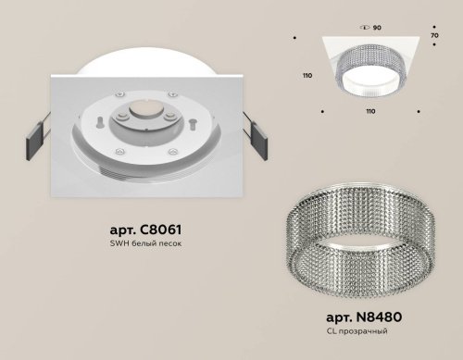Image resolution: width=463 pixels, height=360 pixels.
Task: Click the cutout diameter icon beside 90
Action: pyautogui.click(x=366, y=15)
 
